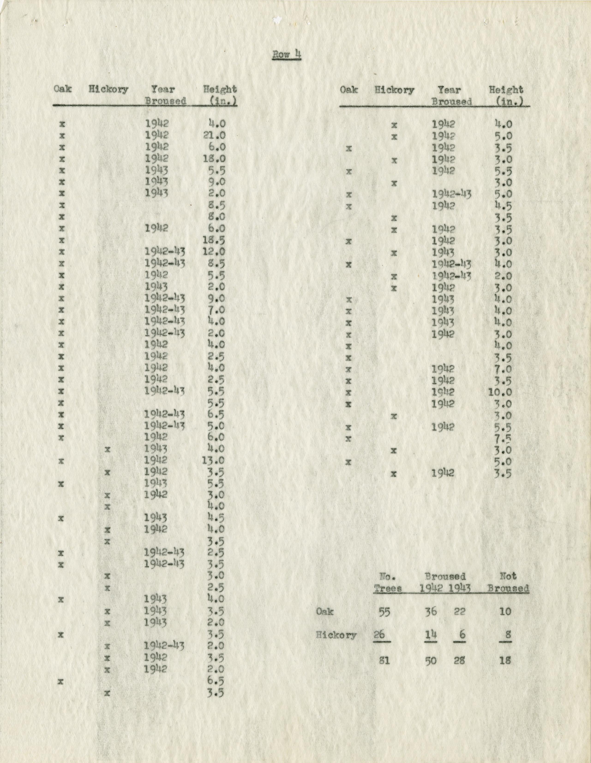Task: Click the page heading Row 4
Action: point(286,55)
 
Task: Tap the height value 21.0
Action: point(214,136)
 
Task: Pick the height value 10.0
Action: point(501,392)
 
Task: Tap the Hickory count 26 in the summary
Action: point(379,634)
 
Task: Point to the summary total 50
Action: point(431,661)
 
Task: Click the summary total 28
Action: point(459,661)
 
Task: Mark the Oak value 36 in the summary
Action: point(431,612)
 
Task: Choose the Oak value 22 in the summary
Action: point(459,612)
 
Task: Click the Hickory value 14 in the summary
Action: point(431,634)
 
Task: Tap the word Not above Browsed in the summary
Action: point(508,576)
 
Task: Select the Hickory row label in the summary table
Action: point(336,635)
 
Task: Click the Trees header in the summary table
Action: point(388,588)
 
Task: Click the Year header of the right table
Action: point(449,90)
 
